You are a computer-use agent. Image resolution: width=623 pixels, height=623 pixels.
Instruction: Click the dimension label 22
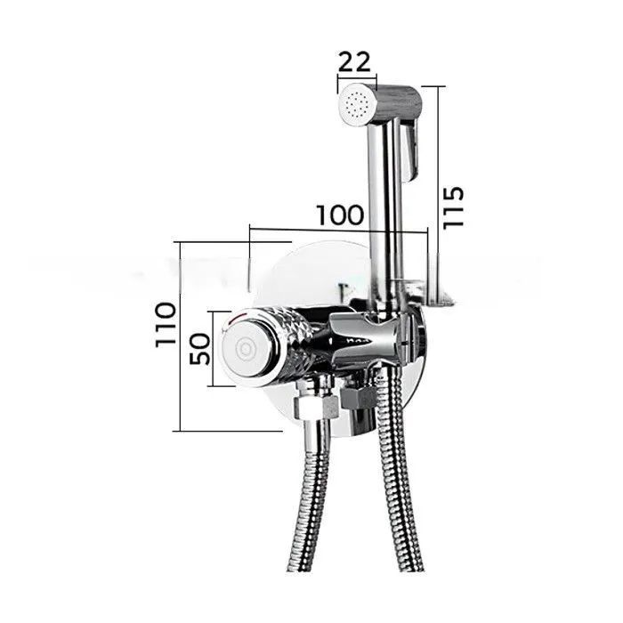click(354, 62)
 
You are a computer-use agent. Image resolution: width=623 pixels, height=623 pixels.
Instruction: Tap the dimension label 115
click(453, 207)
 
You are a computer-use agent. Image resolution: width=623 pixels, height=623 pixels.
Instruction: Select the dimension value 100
click(340, 215)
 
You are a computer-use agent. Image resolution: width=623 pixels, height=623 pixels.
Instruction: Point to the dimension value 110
click(166, 325)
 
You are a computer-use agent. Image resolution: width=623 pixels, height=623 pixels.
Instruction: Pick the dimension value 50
click(199, 349)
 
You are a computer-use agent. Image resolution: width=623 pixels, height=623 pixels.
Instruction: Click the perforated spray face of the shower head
click(357, 103)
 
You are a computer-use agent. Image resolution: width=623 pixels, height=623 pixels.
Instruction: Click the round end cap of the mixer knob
click(247, 349)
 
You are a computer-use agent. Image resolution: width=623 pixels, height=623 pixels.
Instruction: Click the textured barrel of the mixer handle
click(298, 342)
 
